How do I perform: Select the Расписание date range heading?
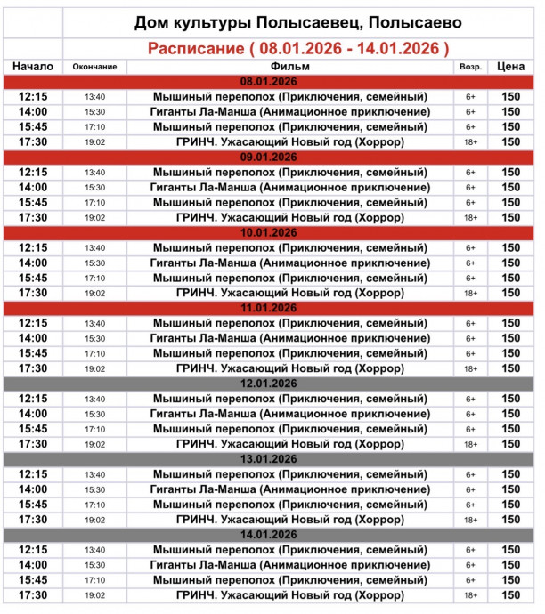click(297, 47)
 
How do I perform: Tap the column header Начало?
click(33, 67)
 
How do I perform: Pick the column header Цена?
click(510, 67)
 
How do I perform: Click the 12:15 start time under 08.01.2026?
click(33, 97)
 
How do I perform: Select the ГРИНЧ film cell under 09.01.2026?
click(290, 217)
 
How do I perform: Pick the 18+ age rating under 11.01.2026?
click(470, 368)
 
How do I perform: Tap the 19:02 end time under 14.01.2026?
click(95, 595)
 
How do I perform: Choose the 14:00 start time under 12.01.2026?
click(33, 414)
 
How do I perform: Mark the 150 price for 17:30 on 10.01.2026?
click(510, 293)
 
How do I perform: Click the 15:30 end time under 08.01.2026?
click(95, 112)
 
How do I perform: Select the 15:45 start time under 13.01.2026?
click(33, 505)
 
